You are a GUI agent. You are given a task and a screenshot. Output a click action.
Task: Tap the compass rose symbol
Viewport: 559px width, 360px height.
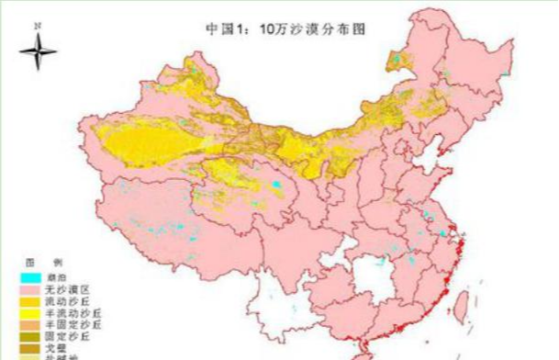point(35,54)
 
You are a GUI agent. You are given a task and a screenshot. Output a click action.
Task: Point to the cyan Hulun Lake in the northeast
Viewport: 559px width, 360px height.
point(396,61)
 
